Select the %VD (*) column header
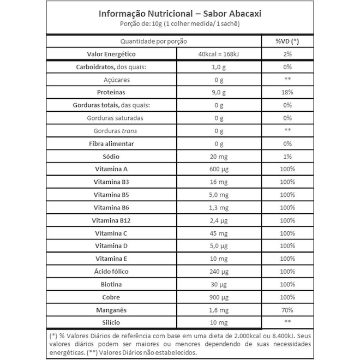287,41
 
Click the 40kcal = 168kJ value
219,55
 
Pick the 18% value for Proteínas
287,93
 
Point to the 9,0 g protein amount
219,93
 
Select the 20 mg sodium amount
219,157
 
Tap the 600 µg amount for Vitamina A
219,169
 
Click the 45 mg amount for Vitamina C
219,233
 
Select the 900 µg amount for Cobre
219,297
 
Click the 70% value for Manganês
287,310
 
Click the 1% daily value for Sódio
287,157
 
